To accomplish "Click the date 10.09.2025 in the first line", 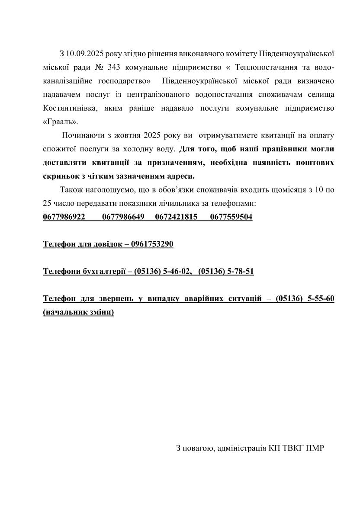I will (x=84, y=54).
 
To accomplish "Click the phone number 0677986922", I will (x=64, y=217).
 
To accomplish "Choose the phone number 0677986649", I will (x=123, y=217).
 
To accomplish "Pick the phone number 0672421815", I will (x=176, y=217).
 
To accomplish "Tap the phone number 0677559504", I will (x=231, y=217).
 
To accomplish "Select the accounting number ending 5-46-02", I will (x=163, y=271).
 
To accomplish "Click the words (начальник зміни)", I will (x=78, y=312).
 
